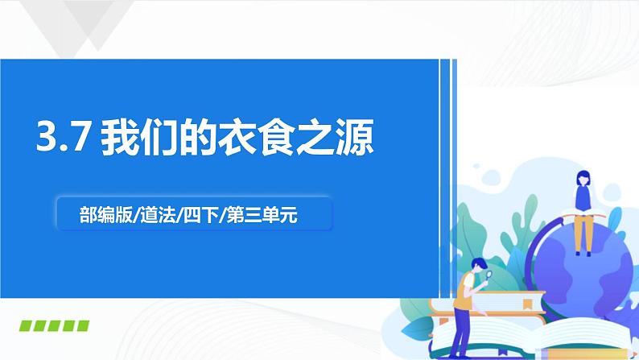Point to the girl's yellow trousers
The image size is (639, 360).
coord(583,234)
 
